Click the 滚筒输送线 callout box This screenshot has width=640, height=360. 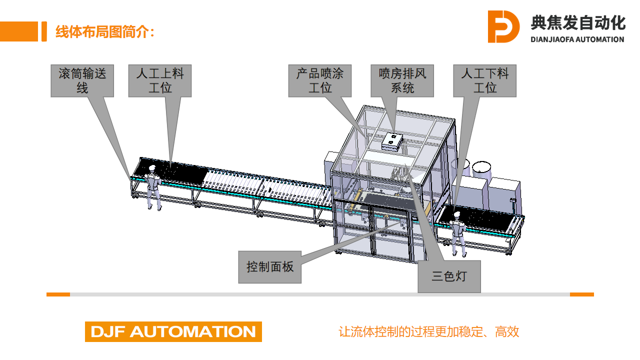point(82,80)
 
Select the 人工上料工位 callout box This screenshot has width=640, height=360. point(160,80)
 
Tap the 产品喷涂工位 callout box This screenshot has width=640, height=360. point(320,80)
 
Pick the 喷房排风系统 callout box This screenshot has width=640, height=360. point(402,80)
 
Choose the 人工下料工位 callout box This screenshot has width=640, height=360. point(485,80)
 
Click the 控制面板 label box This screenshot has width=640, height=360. point(270,267)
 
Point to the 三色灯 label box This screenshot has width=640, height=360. point(449,276)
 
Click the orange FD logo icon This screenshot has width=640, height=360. point(503,27)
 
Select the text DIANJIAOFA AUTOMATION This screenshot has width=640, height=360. point(577,40)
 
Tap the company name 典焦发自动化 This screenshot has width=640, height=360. point(578,23)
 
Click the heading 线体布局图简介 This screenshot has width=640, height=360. point(105,32)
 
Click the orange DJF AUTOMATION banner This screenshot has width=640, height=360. point(173,331)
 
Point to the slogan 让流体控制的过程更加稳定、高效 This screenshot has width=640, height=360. point(429,331)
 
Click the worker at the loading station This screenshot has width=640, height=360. point(153,187)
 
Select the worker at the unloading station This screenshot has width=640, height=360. point(459,234)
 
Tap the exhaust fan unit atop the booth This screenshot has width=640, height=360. point(392,140)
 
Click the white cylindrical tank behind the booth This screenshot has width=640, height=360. point(483,171)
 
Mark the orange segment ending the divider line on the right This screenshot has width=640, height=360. point(582,294)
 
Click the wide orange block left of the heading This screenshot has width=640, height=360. point(18,31)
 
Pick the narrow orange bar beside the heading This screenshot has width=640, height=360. point(44,31)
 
